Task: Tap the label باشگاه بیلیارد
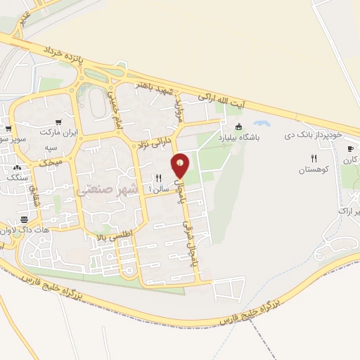coord(238,138)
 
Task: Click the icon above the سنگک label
coord(15,168)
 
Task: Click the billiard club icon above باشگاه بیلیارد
coord(238,127)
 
